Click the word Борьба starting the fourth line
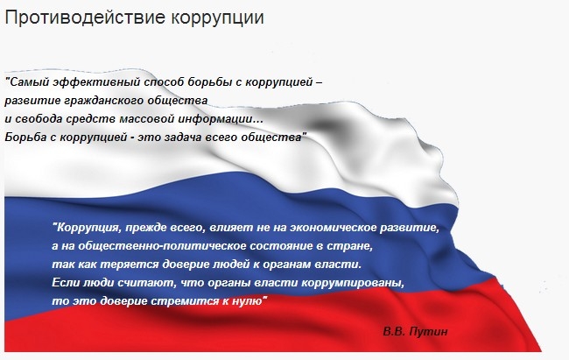pyautogui.click(x=25, y=138)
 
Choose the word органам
pyautogui.click(x=291, y=265)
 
